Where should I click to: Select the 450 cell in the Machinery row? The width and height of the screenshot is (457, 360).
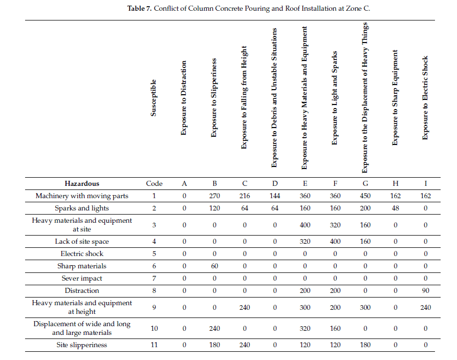(365, 196)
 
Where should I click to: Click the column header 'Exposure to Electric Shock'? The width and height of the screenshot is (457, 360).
(425, 98)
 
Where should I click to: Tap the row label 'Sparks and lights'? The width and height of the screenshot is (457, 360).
(82, 208)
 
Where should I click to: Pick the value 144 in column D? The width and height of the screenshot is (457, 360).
(275, 196)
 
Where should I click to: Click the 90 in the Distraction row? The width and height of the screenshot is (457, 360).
(425, 290)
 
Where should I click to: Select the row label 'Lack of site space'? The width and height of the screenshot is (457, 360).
(82, 241)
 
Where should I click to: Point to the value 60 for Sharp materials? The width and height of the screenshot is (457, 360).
(214, 266)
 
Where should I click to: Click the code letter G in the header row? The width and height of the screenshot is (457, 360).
(365, 183)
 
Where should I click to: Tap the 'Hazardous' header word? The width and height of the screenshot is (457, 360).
(82, 183)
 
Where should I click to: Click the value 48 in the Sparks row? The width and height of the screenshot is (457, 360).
(395, 208)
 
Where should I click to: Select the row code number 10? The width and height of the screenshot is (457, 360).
(154, 328)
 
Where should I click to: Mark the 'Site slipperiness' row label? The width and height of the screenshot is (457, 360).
(82, 345)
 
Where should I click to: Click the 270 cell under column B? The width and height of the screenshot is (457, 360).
(214, 196)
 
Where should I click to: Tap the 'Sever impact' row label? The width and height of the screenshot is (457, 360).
(82, 278)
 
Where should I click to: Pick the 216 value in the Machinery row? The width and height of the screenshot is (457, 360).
(245, 196)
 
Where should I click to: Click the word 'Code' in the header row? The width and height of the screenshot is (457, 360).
(154, 183)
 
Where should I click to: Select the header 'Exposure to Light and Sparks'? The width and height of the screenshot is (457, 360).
(335, 98)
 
